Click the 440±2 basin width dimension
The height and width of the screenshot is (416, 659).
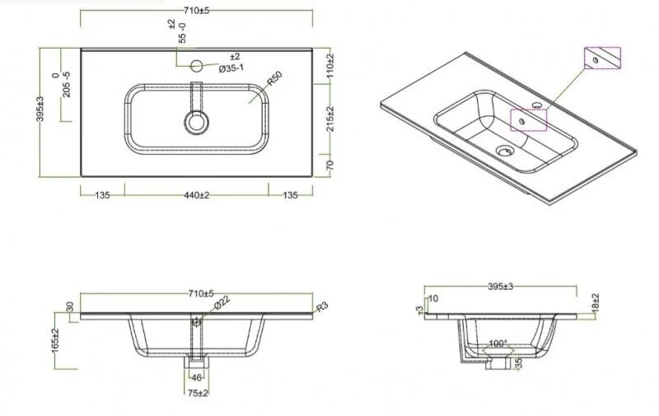(x=197, y=195)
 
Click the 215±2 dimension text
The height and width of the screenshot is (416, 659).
(x=329, y=120)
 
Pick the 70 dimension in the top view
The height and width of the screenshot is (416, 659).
(x=329, y=165)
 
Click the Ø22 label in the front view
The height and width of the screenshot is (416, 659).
(x=221, y=305)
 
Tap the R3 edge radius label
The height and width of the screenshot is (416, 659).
(x=322, y=307)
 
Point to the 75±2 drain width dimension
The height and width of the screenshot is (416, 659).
(x=196, y=394)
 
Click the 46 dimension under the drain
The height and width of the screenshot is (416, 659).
(x=196, y=376)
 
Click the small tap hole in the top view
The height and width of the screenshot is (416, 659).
(x=197, y=64)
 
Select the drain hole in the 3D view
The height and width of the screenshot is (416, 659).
(x=504, y=151)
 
